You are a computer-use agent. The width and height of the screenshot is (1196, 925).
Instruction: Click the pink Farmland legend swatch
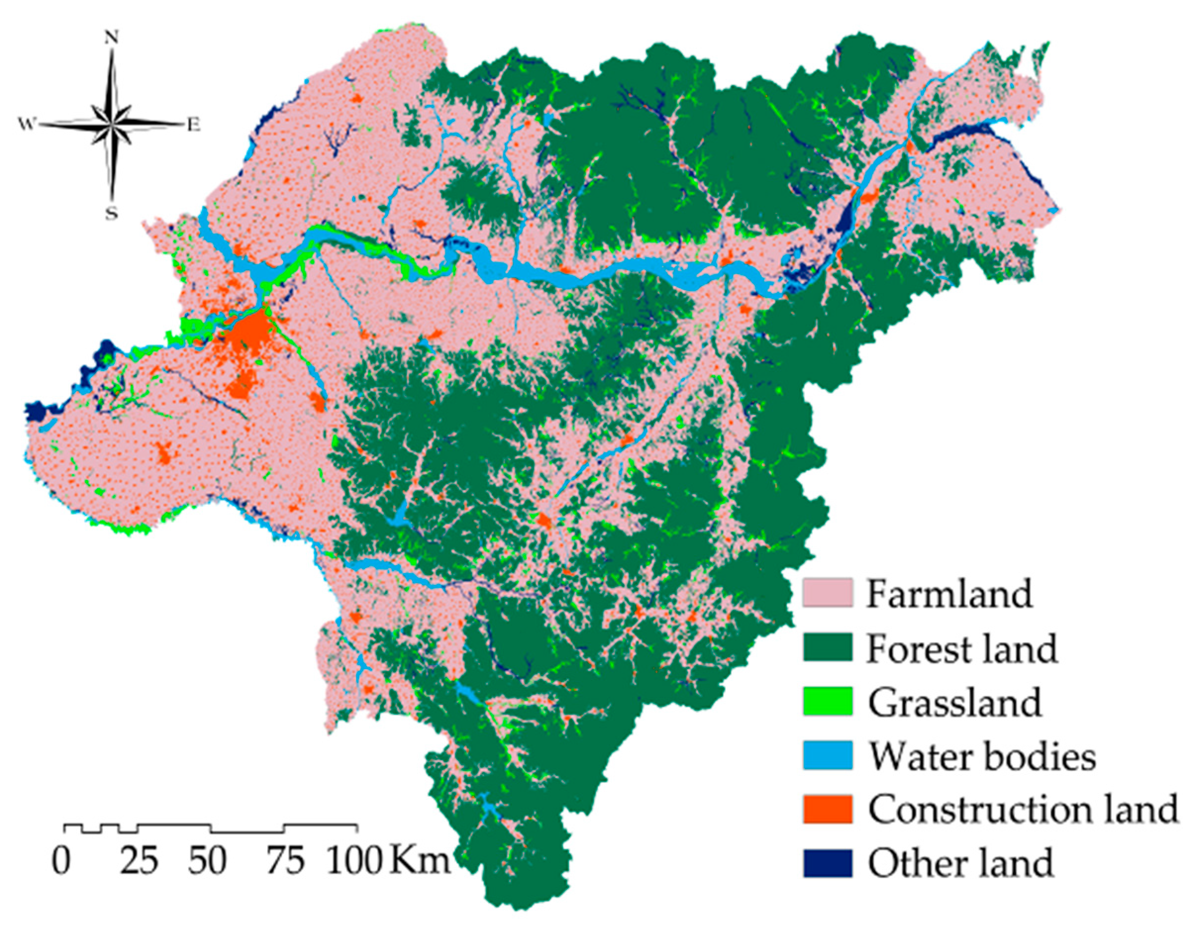pos(827,592)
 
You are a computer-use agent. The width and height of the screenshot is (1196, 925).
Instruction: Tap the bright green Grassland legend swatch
pos(827,701)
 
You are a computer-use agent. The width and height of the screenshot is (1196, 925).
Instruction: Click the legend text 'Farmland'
pos(949,593)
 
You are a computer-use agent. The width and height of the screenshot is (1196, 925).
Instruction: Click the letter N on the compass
pos(112,37)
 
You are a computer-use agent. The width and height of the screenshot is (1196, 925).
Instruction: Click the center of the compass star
pos(112,124)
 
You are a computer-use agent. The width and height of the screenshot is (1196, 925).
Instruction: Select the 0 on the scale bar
pos(61,862)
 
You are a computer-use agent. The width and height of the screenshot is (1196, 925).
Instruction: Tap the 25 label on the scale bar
pos(139,862)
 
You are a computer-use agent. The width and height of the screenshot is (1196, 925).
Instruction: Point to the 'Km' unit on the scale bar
pos(419,862)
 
